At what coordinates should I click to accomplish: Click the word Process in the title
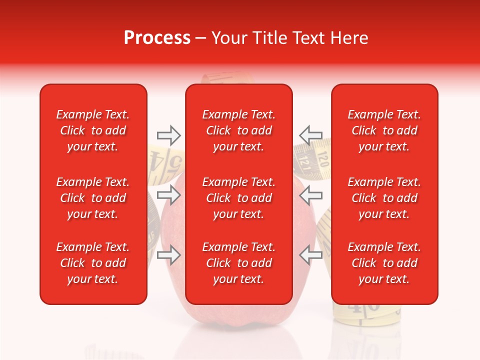(157, 38)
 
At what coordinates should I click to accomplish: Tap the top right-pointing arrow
(168, 135)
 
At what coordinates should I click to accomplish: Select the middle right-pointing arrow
(168, 194)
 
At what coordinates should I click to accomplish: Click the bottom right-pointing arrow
(168, 255)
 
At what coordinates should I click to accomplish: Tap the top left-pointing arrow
(310, 135)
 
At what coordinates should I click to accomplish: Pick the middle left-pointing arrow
(310, 194)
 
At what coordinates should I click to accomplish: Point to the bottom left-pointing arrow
(310, 255)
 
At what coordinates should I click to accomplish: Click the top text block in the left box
(93, 130)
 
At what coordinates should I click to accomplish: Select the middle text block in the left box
(93, 198)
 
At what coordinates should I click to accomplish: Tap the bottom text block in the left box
(93, 263)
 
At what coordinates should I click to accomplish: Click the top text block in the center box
(238, 130)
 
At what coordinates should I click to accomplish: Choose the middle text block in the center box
(238, 198)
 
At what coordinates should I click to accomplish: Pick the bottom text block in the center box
(238, 263)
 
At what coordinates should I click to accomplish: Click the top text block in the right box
(384, 130)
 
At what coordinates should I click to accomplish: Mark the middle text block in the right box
(384, 198)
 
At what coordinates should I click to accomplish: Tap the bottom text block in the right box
(384, 263)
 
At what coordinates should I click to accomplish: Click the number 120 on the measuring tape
(322, 160)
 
